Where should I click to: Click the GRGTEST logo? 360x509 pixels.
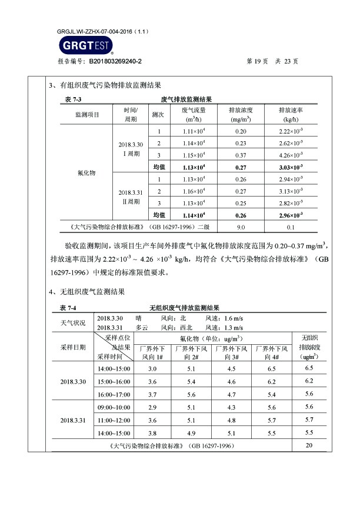[x=85, y=46]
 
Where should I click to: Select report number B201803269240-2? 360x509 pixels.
[x=115, y=61]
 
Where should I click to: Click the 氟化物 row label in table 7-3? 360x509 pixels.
[x=86, y=174]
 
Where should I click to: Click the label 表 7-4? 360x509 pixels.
[x=69, y=308]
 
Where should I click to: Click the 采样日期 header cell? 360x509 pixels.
[x=73, y=347]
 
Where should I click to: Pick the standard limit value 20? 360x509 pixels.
[x=309, y=445]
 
